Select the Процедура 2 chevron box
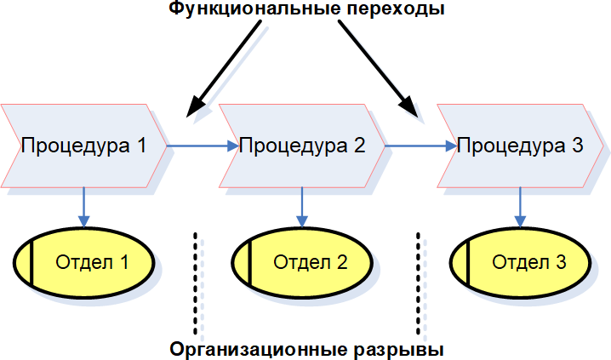click(x=303, y=146)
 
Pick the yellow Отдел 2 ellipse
click(x=303, y=262)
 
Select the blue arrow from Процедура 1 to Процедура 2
click(x=203, y=146)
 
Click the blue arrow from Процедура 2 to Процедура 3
click(x=420, y=146)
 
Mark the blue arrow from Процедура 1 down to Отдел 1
click(x=83, y=208)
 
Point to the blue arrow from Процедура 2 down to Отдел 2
click(x=301, y=208)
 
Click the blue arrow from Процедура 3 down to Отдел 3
click(x=519, y=208)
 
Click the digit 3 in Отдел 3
click(x=560, y=262)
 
